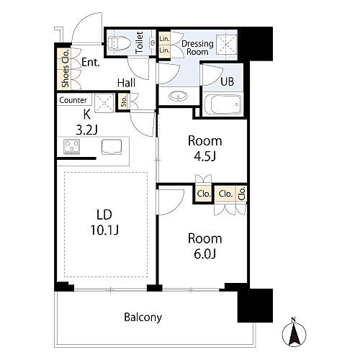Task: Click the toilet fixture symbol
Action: [119, 43]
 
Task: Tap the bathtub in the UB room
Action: [222, 105]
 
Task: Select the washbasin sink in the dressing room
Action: [178, 96]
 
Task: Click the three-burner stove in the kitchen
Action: [72, 147]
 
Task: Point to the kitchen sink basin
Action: [112, 147]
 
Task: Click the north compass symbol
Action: [294, 333]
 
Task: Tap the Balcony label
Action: [143, 318]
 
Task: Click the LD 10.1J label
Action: [104, 222]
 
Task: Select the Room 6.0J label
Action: [204, 246]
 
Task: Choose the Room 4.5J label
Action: [204, 148]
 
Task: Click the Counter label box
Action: [74, 100]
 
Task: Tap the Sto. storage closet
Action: [124, 102]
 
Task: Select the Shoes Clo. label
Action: [65, 68]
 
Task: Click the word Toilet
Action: [139, 42]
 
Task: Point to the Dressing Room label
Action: [197, 48]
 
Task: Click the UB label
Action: [227, 81]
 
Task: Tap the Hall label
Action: [126, 83]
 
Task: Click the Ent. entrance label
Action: [91, 62]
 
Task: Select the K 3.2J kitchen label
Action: [86, 122]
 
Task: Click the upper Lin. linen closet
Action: [164, 38]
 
